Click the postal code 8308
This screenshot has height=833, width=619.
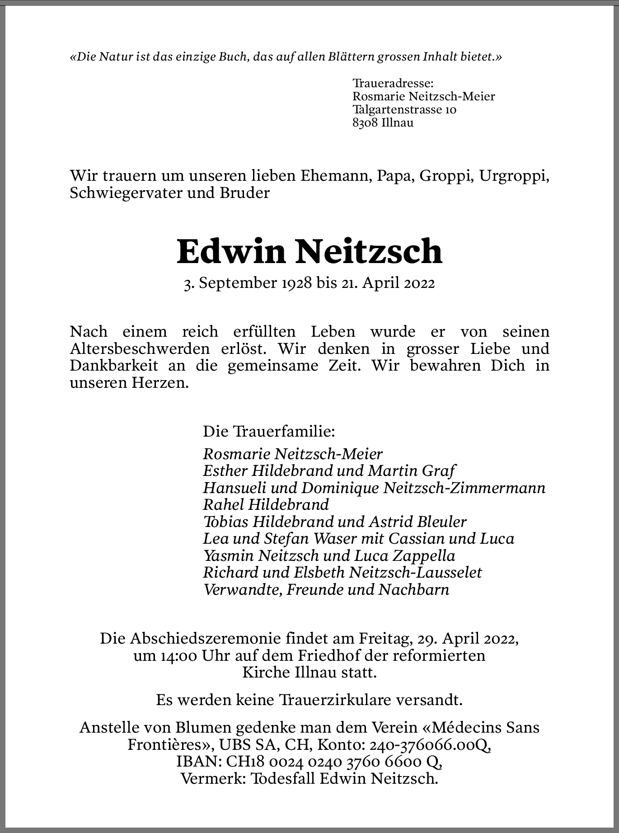pos(365,122)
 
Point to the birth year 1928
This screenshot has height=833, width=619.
pos(297,283)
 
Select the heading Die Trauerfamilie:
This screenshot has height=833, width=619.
pos(269,431)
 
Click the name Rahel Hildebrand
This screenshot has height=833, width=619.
pos(266,504)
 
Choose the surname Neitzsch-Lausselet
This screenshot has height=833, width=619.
pos(416,573)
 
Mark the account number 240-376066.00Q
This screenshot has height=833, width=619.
pos(430,745)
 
